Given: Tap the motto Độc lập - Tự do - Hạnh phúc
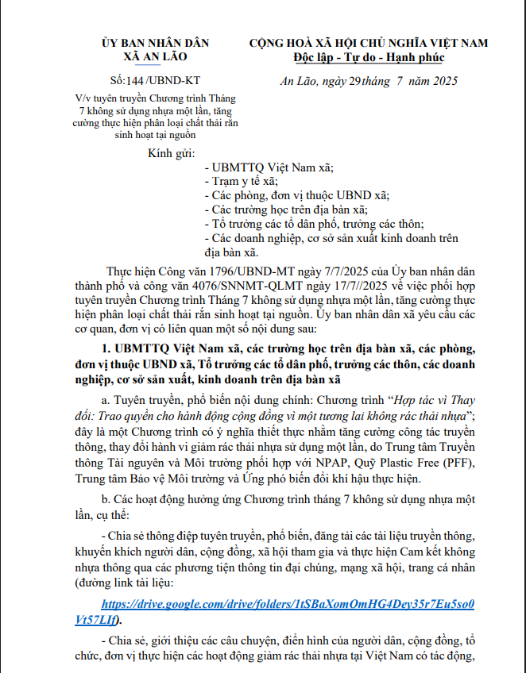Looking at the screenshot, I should pos(368,57).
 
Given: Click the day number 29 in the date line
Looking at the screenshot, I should pos(355,82).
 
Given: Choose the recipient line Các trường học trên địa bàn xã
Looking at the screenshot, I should pos(286,210).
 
